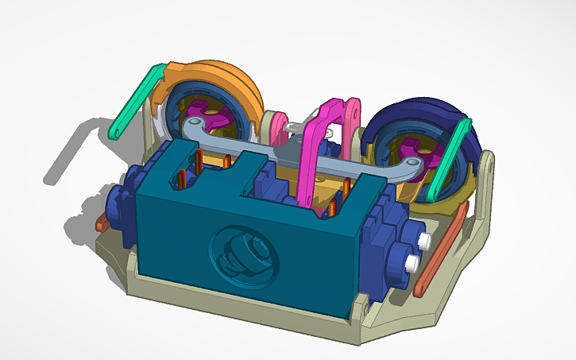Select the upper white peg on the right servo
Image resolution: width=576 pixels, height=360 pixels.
[427, 239]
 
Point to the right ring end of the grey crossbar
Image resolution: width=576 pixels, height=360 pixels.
[410, 164]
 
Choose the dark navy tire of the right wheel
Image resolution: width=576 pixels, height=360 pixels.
[433, 119]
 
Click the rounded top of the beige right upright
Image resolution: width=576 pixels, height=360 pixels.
[486, 164]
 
